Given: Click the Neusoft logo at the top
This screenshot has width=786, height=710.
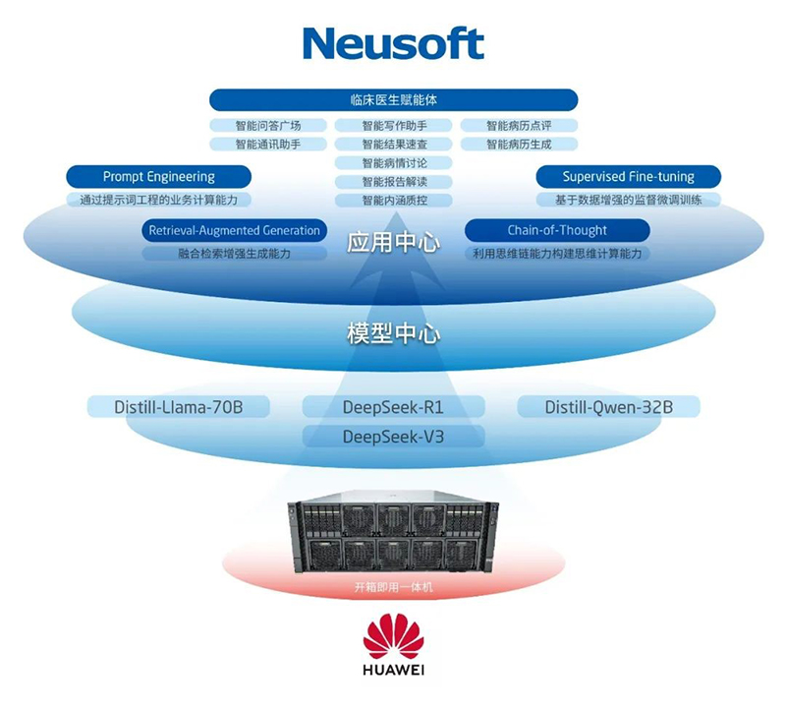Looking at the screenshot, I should coord(393,43).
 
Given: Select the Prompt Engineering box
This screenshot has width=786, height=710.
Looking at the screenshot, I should coord(158,177).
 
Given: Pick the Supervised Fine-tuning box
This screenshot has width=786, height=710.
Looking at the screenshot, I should coord(628,177).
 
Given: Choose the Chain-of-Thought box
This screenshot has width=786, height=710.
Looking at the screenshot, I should coord(557,230).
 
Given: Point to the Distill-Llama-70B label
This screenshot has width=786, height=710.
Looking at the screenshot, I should coord(165,406).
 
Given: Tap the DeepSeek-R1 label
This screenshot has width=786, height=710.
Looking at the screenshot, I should coord(393,406).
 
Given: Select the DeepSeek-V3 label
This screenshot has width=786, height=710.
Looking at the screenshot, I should coord(393,436).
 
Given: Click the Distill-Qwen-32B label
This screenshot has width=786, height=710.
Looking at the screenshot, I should coord(608,406).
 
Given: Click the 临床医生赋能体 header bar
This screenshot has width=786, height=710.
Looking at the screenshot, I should coord(393,99).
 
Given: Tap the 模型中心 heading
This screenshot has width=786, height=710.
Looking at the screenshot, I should coord(393,332).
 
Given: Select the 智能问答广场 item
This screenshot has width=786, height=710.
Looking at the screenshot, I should coord(267,125).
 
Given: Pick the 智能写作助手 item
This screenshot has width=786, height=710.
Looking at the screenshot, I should coord(393,125).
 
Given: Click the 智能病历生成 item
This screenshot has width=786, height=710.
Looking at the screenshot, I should coord(519,144).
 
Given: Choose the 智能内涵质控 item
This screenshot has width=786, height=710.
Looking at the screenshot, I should coord(393,200).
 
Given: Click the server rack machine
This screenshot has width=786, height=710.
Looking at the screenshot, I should coord(393,535).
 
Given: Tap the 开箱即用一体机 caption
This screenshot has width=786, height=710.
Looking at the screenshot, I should coord(393,588).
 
